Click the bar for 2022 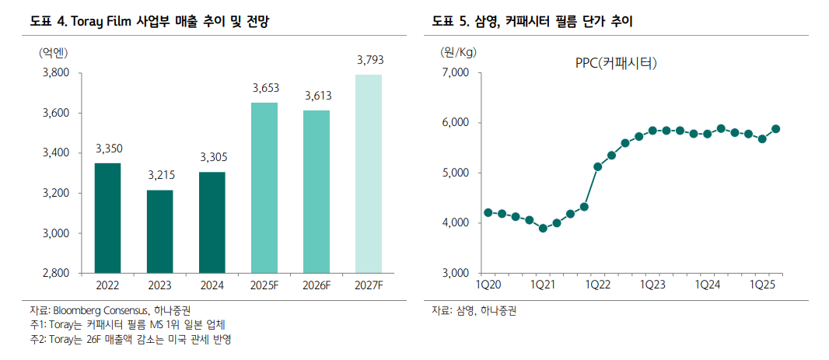point(107,218)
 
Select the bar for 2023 point(159,231)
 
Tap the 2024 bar point(212,222)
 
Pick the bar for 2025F point(264,187)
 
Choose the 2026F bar point(317,191)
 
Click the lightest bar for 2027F point(369,173)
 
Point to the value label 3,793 point(369,60)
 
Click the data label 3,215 point(160,176)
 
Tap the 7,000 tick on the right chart point(457,73)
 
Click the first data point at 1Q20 point(488,212)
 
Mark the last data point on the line point(775,129)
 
